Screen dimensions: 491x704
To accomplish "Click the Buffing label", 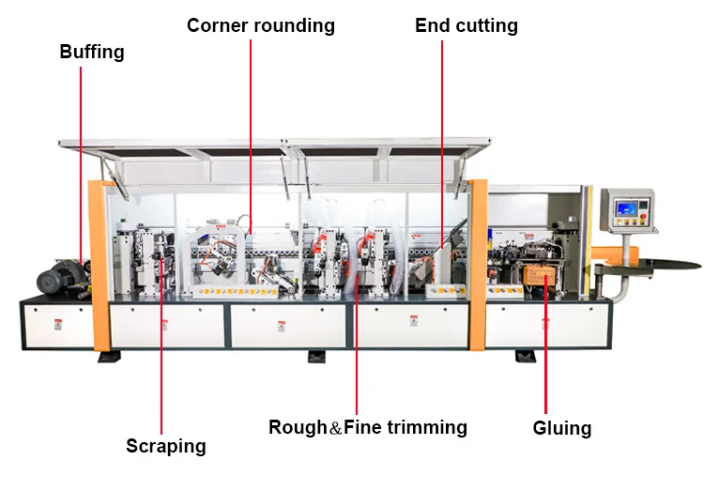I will click(92, 52).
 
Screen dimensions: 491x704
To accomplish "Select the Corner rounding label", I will click(261, 25).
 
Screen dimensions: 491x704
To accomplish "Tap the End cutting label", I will click(467, 25).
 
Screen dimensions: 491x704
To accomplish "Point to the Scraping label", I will click(166, 446).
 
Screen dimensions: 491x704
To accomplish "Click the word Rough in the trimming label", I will click(298, 427).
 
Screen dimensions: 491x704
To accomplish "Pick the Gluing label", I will click(562, 428).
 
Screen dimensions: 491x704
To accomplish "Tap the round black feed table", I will click(658, 264).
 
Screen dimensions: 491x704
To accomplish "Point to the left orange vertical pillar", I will click(99, 263).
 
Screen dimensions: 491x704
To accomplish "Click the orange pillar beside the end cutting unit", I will click(477, 263).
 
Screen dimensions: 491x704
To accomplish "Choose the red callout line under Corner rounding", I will click(251, 122).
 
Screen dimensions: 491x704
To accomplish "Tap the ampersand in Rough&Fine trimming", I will click(336, 428).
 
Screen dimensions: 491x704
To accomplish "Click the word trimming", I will click(430, 427).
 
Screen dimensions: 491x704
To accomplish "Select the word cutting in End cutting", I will click(488, 25).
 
